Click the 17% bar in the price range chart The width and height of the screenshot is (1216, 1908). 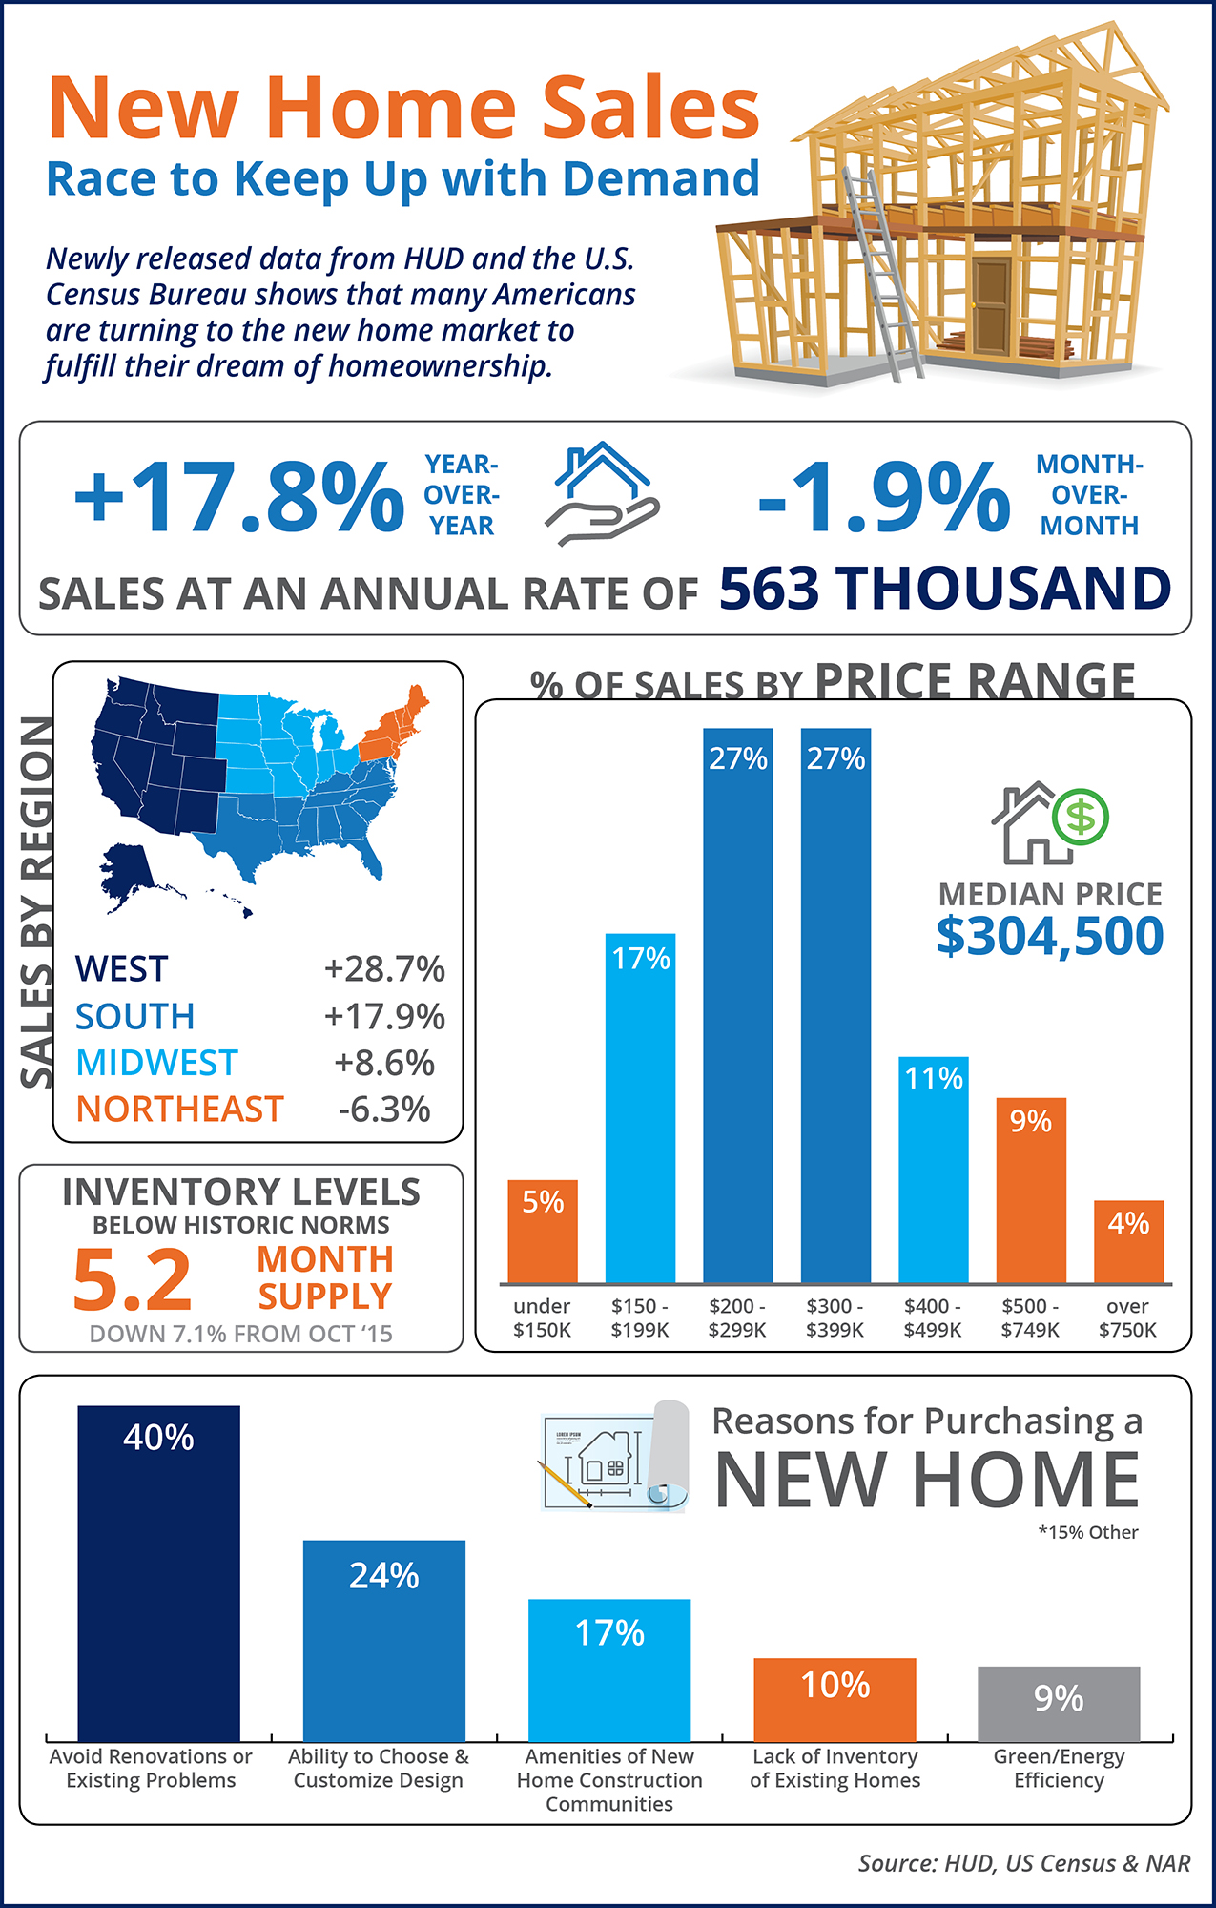pos(640,1107)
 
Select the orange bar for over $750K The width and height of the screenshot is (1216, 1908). pos(1128,1240)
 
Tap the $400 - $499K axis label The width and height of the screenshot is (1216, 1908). pos(932,1317)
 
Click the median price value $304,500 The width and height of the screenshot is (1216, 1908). pos(1049,936)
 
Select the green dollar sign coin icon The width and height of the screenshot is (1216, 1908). pos(1082,817)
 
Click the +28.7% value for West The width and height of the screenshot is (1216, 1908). pos(384,968)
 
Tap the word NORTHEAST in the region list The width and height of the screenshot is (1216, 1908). pos(179,1109)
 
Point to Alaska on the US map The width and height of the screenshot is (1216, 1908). pos(128,873)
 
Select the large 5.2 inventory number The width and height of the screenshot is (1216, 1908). pos(133,1279)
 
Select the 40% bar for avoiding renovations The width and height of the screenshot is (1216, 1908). pos(158,1574)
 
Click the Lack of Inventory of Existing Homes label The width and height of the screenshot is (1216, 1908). pos(835,1768)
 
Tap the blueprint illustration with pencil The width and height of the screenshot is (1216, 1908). pos(610,1458)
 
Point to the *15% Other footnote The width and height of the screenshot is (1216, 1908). pos(1088,1532)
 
